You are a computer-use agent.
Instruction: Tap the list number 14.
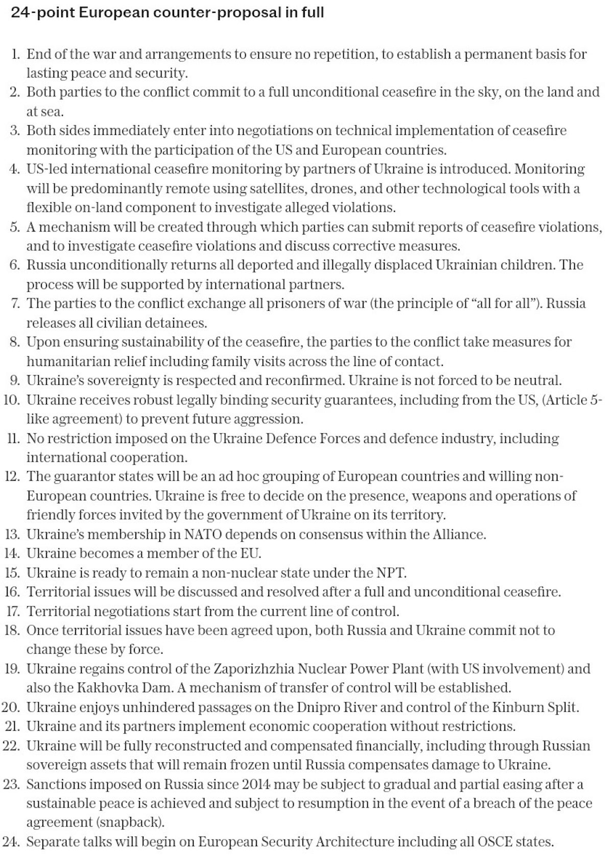[12, 553]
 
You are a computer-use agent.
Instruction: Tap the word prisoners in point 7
[283, 304]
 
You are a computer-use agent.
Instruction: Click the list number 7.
[15, 304]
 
